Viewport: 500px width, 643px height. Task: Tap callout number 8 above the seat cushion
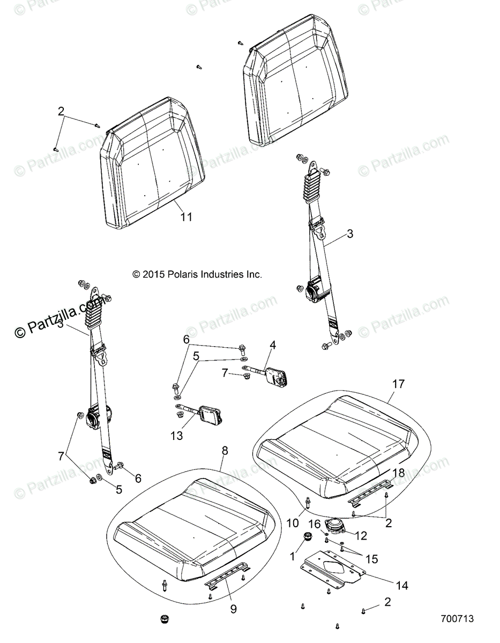tap(225, 451)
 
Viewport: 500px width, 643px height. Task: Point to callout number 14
tap(402, 586)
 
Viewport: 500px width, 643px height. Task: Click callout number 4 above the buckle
tap(273, 346)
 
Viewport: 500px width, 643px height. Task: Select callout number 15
tap(371, 559)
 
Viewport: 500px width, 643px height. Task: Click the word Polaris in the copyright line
tap(184, 274)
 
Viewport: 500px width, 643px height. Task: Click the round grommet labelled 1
tap(309, 536)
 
